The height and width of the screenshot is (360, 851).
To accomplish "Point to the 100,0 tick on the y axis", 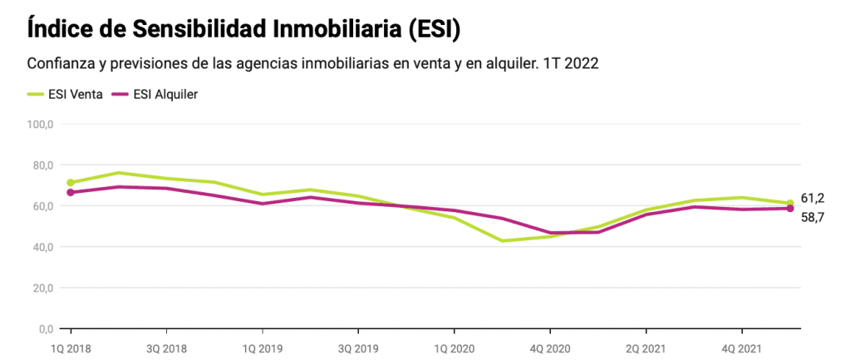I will pos(40,125).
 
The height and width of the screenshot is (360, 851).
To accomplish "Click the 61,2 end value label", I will pos(813,198).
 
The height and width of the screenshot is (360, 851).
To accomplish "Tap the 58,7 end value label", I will pos(813,217).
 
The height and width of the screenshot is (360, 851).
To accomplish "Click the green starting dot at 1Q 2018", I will pos(71,183).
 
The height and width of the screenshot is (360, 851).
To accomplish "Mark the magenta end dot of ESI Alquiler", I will pos(790,209).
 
